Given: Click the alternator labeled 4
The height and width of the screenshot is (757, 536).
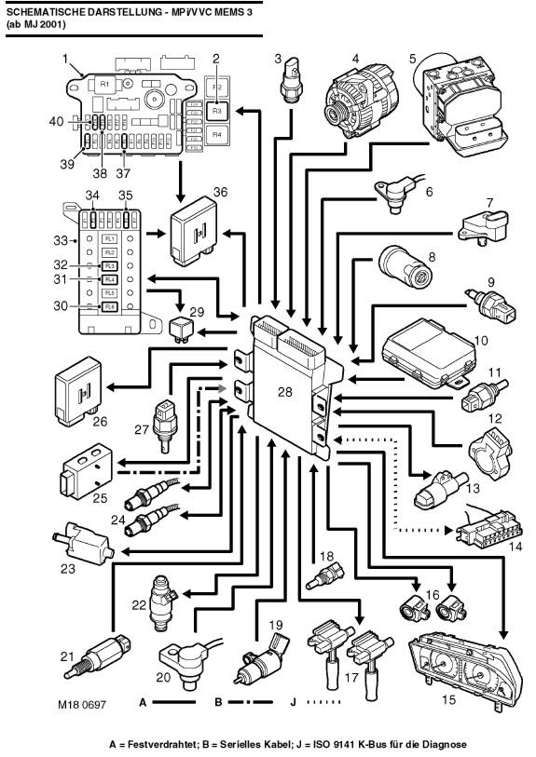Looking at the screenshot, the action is [359, 102].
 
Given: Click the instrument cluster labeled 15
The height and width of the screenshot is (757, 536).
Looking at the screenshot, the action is [465, 668].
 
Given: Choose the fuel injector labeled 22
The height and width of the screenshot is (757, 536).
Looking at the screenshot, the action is [162, 602].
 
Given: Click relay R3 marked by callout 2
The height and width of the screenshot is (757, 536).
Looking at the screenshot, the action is [216, 111].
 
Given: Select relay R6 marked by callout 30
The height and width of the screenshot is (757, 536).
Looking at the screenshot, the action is [109, 307].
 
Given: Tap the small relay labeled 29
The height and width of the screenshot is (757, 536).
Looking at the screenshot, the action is [182, 329].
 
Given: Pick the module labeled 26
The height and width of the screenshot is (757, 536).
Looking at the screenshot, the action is [80, 391].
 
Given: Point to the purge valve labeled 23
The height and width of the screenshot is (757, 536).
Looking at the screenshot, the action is [83, 542].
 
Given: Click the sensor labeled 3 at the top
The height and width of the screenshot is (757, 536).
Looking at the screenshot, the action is [292, 80].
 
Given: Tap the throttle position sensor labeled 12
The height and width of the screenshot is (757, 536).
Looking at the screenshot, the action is [490, 454].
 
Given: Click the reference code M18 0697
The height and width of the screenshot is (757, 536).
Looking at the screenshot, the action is [82, 704].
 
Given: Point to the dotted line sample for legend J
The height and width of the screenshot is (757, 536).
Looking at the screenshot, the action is [323, 702].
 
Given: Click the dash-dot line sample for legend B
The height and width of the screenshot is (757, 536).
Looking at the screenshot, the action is [250, 702].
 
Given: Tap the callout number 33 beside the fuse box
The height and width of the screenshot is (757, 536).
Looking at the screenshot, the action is [61, 240].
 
